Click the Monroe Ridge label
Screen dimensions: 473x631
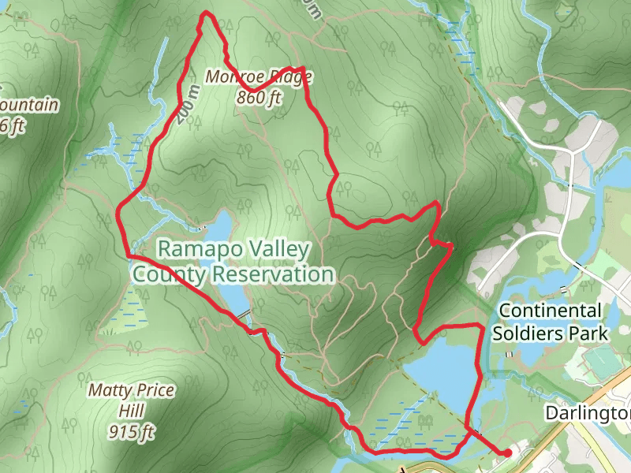[x=259, y=77]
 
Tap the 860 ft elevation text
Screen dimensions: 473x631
[x=259, y=98]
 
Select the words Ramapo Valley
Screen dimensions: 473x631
[x=233, y=249]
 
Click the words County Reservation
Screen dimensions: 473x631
[x=233, y=274]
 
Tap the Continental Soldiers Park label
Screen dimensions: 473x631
[x=551, y=322]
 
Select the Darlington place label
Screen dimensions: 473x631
[x=588, y=413]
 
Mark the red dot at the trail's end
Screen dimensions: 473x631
[x=507, y=453]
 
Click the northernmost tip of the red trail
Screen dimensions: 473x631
[x=207, y=13]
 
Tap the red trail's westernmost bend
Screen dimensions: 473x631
[x=119, y=211]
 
